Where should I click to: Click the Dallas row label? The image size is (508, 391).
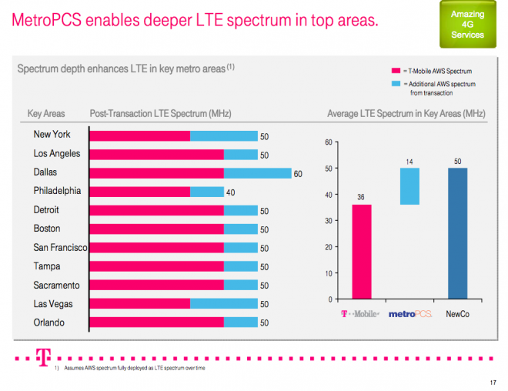(45, 172)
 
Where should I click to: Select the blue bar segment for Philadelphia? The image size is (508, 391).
(206, 192)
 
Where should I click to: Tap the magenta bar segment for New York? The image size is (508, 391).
(139, 136)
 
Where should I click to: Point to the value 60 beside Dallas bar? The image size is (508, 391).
(298, 174)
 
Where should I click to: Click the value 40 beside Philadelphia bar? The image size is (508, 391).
(230, 192)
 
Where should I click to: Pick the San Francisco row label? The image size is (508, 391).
(60, 248)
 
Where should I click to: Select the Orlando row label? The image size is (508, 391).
(48, 322)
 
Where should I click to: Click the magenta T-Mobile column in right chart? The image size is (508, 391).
(360, 251)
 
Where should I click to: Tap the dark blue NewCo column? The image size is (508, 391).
(457, 233)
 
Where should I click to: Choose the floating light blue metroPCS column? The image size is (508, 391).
(409, 186)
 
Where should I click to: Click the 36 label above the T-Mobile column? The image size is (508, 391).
(360, 197)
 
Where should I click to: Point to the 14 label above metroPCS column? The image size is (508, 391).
(409, 162)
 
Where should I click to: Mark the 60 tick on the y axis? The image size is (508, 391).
(328, 142)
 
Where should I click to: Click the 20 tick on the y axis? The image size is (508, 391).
(328, 247)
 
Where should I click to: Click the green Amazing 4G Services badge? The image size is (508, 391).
(467, 25)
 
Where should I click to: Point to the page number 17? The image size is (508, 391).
(493, 383)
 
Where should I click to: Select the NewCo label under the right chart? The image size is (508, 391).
(459, 314)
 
